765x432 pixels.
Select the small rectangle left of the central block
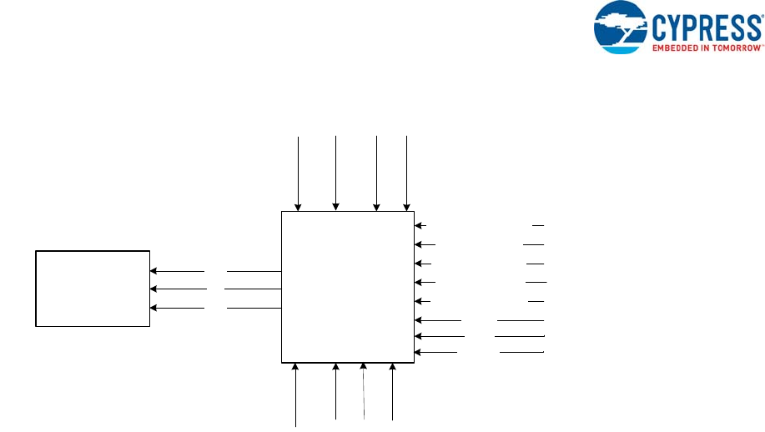coord(93,288)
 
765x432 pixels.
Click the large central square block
coord(348,287)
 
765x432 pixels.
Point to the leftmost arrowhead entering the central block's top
coord(299,208)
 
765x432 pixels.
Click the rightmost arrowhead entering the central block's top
coord(406,208)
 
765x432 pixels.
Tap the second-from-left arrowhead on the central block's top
coord(335,208)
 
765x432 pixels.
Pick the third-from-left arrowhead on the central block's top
coord(377,208)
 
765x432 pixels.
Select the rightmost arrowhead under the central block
coord(392,367)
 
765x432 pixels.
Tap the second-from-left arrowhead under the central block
coord(335,367)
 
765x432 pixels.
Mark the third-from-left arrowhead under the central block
coord(364,367)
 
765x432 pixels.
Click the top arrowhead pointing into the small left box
coord(154,271)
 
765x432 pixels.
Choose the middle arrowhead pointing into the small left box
coord(154,289)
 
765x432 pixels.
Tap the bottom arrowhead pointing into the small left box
coord(154,308)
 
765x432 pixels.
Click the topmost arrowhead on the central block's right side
coord(420,225)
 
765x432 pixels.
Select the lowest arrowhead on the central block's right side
coord(419,353)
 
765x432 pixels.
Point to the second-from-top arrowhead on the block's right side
coord(420,244)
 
